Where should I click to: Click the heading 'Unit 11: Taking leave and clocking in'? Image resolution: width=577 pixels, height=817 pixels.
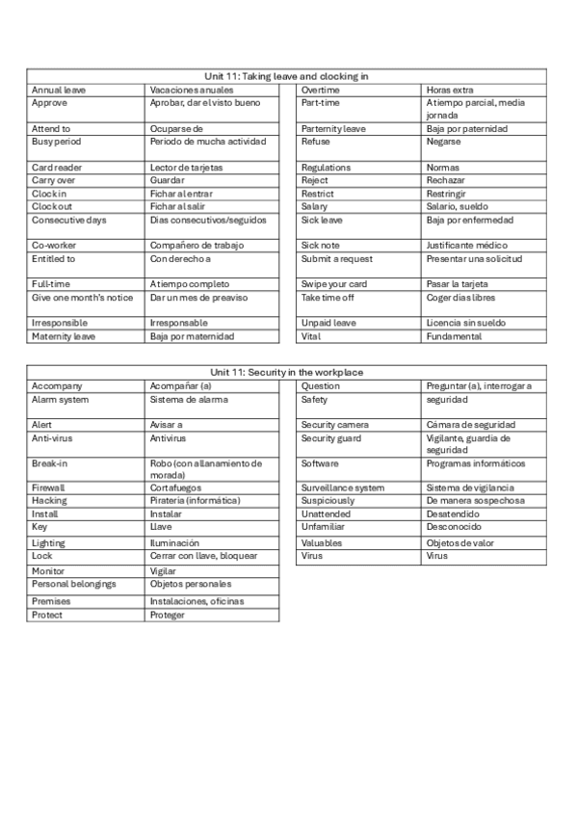(286, 75)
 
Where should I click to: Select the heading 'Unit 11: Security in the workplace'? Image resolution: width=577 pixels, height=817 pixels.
(286, 372)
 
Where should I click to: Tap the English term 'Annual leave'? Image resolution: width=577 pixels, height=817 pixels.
(59, 90)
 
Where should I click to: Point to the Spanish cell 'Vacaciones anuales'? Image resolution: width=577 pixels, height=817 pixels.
(192, 90)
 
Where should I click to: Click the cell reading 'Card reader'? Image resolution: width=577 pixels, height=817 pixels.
(57, 167)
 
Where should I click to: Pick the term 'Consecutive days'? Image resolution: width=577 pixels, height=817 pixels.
(69, 220)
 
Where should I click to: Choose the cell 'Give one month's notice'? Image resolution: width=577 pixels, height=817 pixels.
(82, 298)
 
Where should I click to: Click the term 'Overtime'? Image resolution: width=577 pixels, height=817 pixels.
(320, 90)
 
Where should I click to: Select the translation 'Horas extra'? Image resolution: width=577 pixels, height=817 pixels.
(450, 90)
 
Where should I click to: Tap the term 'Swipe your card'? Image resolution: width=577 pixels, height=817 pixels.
(334, 284)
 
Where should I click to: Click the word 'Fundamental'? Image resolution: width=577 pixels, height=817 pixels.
(454, 336)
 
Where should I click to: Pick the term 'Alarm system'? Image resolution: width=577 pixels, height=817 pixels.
(60, 400)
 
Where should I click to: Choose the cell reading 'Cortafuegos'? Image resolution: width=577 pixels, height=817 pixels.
(177, 488)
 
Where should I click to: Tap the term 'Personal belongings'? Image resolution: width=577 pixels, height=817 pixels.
(73, 584)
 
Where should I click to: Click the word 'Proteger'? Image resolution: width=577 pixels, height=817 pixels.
(168, 615)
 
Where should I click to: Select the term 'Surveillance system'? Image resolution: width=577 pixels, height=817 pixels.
(342, 488)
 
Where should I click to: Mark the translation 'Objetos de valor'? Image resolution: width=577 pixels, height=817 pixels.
(460, 543)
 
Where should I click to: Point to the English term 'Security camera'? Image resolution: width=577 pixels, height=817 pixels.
(334, 425)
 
